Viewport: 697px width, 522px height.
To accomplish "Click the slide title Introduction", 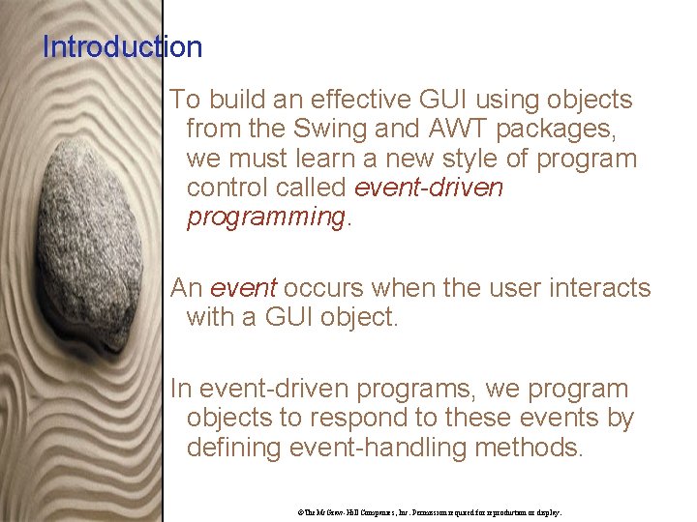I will [122, 46].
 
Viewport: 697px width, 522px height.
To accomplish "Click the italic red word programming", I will [264, 217].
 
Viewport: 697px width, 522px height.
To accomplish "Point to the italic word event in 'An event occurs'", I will [243, 287].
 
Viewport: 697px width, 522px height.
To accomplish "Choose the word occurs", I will [324, 287].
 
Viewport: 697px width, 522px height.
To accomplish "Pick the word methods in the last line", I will [533, 448].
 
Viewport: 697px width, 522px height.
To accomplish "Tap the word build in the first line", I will [235, 100].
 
